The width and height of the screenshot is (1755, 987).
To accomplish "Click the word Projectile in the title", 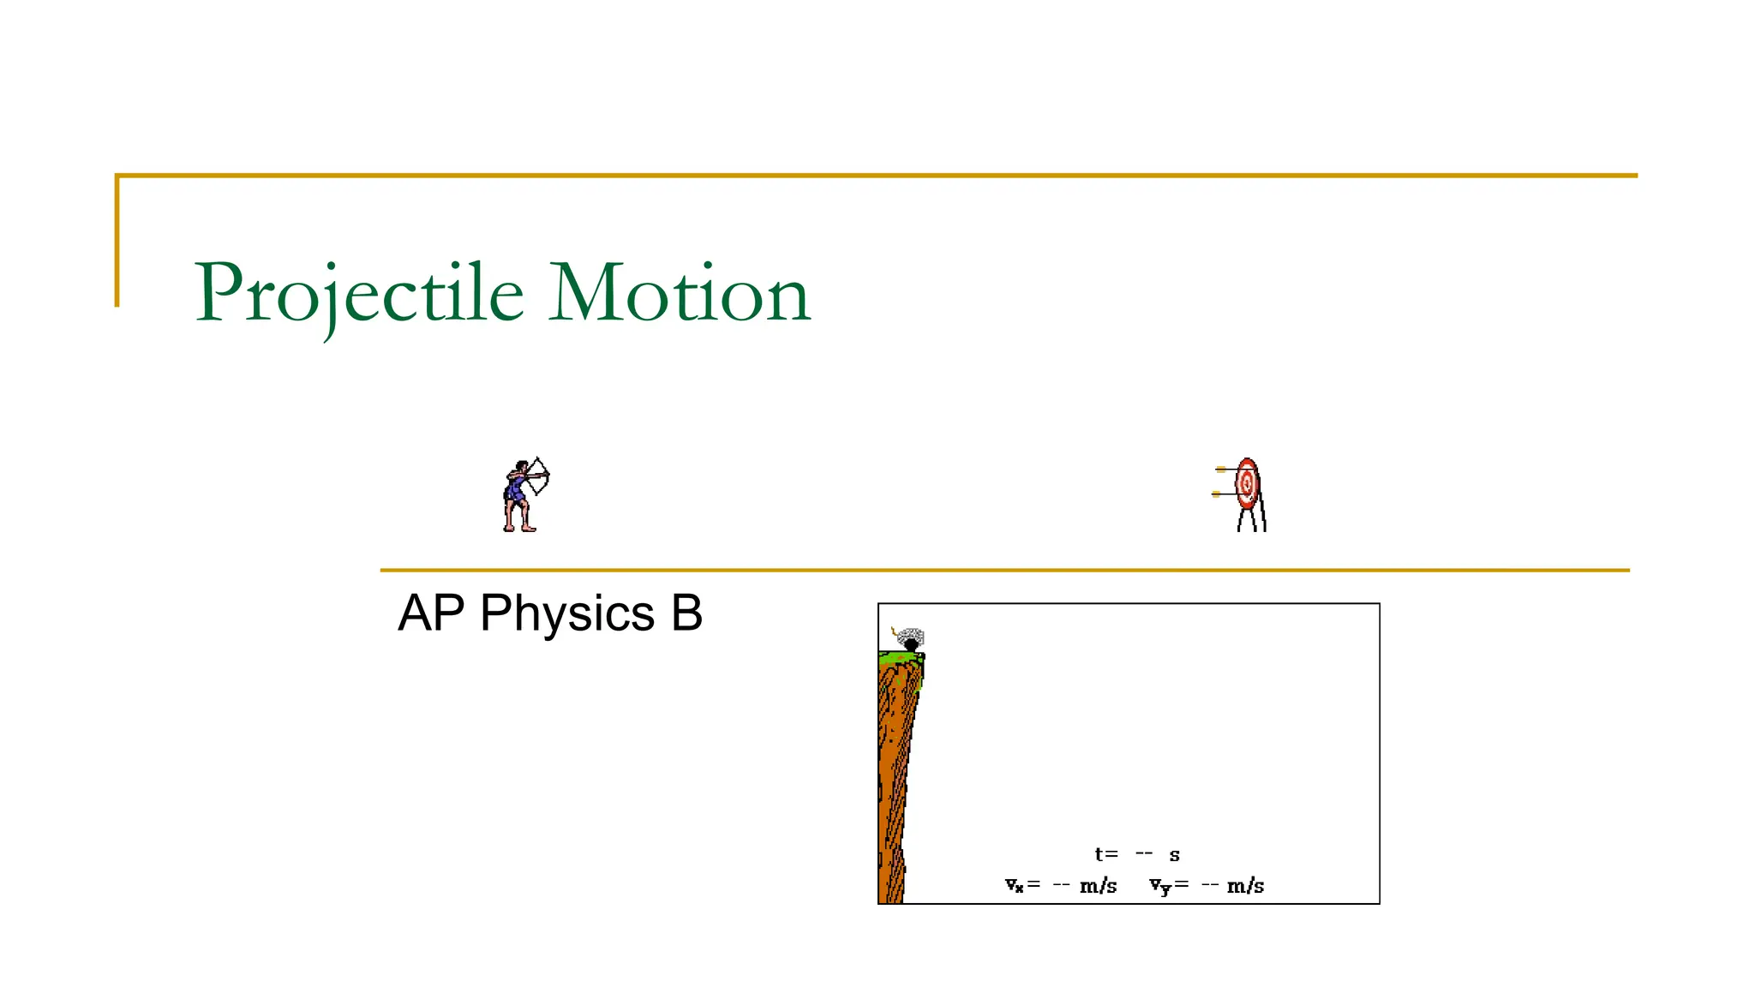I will tap(360, 294).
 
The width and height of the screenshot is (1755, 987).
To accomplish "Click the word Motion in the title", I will tap(679, 294).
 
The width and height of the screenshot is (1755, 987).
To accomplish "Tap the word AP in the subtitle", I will tap(430, 613).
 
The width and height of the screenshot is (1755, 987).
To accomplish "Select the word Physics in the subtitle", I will tap(567, 613).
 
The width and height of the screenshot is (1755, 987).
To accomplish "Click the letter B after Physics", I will tap(686, 613).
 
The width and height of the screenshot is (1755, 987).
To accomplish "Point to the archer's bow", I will tap(541, 476).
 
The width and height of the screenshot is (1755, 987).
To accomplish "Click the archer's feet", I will tap(519, 528).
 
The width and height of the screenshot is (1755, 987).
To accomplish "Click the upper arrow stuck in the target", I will tap(1224, 469).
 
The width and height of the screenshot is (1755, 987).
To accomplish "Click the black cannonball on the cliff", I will tap(911, 644).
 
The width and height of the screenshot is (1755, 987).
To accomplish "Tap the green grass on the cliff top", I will tap(895, 658).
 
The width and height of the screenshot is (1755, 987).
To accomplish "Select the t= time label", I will tap(1106, 854).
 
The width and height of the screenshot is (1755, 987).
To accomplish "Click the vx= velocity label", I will tap(1022, 885).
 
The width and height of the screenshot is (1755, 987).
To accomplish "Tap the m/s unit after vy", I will tap(1245, 886).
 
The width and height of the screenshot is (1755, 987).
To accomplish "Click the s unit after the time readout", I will tap(1175, 855).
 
